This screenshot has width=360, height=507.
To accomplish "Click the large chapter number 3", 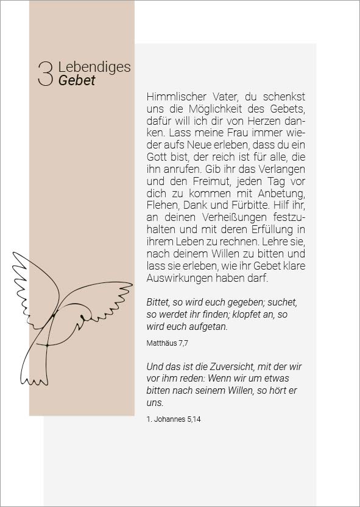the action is click(x=46, y=74).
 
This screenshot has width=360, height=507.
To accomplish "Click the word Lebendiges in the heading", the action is click(x=94, y=67).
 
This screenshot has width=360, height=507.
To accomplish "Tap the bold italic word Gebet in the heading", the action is click(x=77, y=80).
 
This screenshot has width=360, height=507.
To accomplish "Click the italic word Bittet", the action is click(x=159, y=302).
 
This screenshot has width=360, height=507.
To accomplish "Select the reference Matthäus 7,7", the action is click(x=167, y=343).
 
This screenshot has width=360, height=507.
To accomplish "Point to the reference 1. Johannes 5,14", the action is click(x=174, y=419).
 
